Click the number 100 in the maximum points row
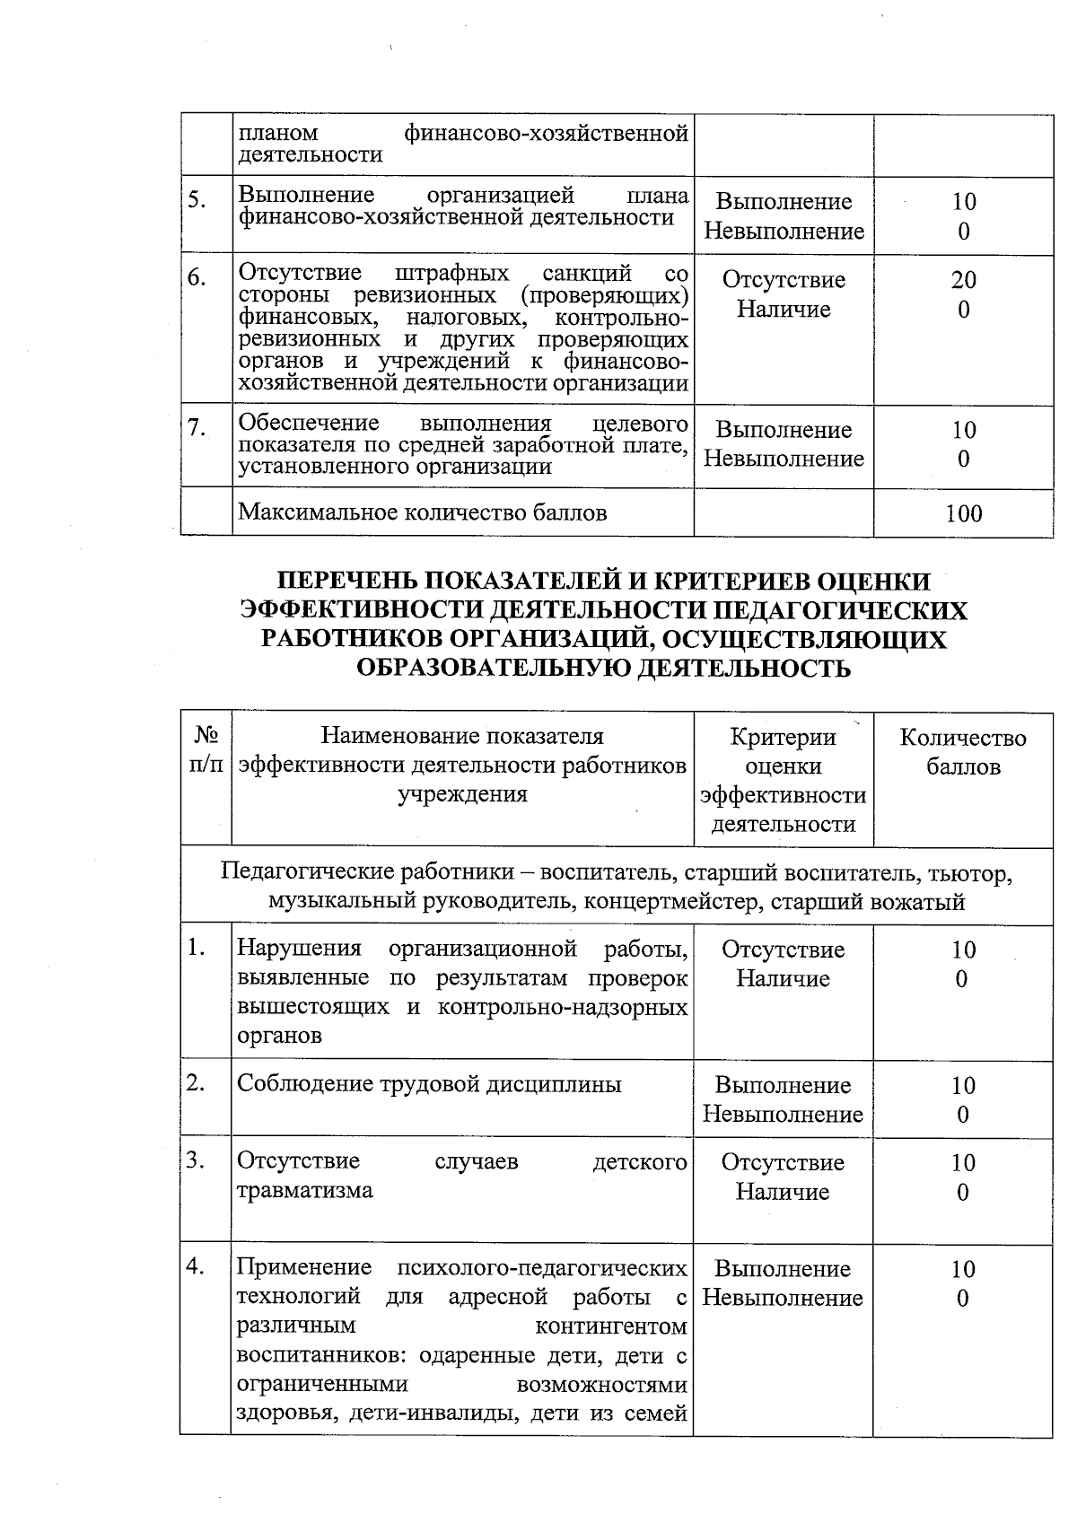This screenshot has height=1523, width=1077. [963, 514]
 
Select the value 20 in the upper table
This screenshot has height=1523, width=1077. [964, 280]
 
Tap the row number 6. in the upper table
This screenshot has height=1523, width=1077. [197, 278]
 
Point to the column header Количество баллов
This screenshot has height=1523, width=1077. [963, 752]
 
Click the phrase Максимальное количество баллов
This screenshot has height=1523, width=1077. [422, 512]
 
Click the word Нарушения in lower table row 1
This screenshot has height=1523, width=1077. [299, 949]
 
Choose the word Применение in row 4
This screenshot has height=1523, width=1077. [303, 1268]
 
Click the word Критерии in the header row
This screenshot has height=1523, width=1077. [783, 738]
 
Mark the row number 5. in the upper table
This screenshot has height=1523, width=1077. [197, 200]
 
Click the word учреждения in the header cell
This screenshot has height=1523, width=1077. [462, 794]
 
